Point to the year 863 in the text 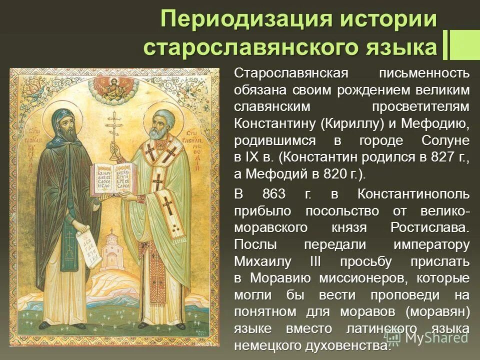274,194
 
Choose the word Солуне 445,140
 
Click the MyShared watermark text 436,337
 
